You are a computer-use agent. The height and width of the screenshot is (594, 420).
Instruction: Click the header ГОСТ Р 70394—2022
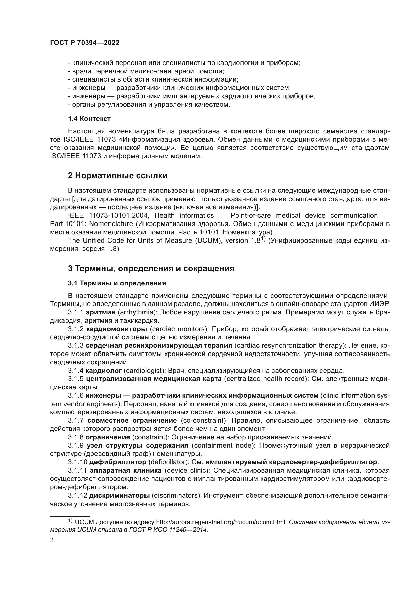click(x=85, y=43)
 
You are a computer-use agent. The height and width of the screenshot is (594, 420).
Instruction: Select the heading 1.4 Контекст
click(x=89, y=119)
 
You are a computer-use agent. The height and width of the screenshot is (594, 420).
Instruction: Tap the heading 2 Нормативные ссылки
click(x=117, y=176)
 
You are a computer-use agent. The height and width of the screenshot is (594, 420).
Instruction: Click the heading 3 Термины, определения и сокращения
click(x=151, y=268)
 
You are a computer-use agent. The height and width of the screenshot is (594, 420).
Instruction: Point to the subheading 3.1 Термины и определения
click(x=117, y=283)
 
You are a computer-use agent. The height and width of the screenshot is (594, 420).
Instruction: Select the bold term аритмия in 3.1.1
click(x=101, y=312)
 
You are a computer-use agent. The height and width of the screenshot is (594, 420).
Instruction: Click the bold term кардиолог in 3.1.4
click(x=104, y=371)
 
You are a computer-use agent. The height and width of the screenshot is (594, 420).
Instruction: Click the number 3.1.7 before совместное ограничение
click(x=76, y=421)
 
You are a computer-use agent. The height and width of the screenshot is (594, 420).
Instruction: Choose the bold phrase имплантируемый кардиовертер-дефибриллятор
click(x=291, y=462)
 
